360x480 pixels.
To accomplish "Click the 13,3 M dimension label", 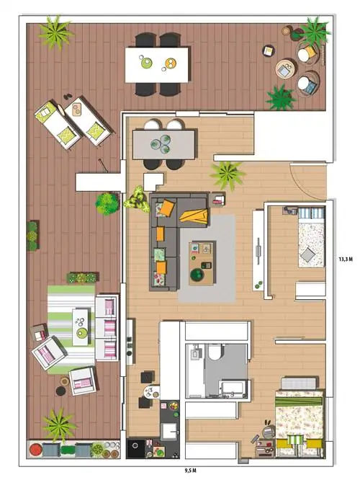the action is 346,259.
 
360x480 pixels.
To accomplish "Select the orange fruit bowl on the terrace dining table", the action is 171,63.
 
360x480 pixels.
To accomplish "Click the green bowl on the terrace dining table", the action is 146,63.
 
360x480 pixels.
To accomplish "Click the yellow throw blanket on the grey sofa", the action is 194,215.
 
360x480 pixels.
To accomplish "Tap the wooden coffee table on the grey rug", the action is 202,262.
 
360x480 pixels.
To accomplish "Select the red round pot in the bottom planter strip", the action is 35,450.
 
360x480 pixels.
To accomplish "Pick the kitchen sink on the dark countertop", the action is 168,431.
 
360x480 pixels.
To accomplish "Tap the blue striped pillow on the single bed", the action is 311,213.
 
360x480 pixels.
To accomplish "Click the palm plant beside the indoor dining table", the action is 228,175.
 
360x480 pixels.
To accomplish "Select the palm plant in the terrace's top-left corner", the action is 55,32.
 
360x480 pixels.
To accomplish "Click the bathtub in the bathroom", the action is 233,388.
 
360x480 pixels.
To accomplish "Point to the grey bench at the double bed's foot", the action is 299,383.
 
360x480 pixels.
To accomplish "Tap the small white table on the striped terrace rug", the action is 80,326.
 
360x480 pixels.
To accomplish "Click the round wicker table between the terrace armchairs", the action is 285,69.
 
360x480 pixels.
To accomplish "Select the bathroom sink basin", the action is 195,354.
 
